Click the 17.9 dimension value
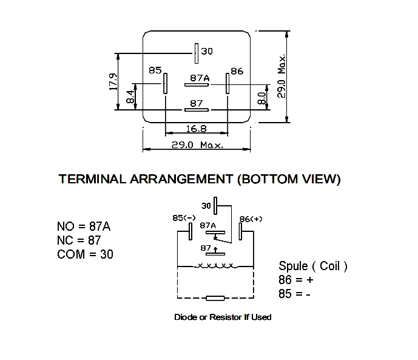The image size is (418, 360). coord(113,81)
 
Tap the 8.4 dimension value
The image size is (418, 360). coord(130,97)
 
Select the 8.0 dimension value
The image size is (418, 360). coord(262,98)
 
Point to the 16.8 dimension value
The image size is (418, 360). coord(197,129)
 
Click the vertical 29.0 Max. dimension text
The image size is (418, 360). coord(281,76)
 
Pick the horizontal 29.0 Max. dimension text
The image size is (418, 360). coord(197,145)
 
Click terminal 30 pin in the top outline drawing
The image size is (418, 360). coord(197,53)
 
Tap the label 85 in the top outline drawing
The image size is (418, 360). coord(155,70)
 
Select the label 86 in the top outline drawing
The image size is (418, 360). coord(237,71)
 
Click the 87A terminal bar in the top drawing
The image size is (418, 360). coord(197,85)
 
